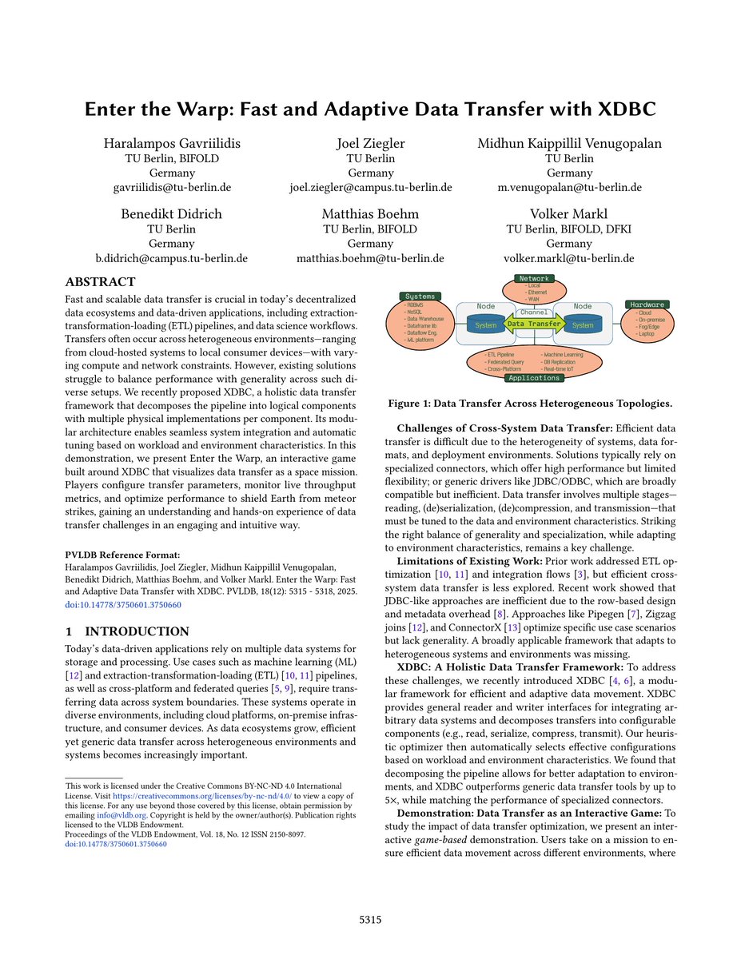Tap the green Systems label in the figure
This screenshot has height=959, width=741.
(420, 296)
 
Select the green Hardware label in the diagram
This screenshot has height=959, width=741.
(647, 304)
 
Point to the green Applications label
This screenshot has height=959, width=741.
(533, 378)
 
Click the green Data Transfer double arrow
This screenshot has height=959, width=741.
(534, 324)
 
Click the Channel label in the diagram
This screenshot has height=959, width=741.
(534, 312)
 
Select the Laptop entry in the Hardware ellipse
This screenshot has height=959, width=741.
(646, 333)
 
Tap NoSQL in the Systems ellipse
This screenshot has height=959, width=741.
(416, 311)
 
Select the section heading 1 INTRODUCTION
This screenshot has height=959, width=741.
(126, 631)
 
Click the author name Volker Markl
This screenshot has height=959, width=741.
(568, 213)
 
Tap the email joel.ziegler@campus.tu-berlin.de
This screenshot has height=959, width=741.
(370, 188)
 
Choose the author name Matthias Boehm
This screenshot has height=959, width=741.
(370, 213)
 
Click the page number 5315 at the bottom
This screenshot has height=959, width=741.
(370, 920)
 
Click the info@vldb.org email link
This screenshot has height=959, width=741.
(107, 816)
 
